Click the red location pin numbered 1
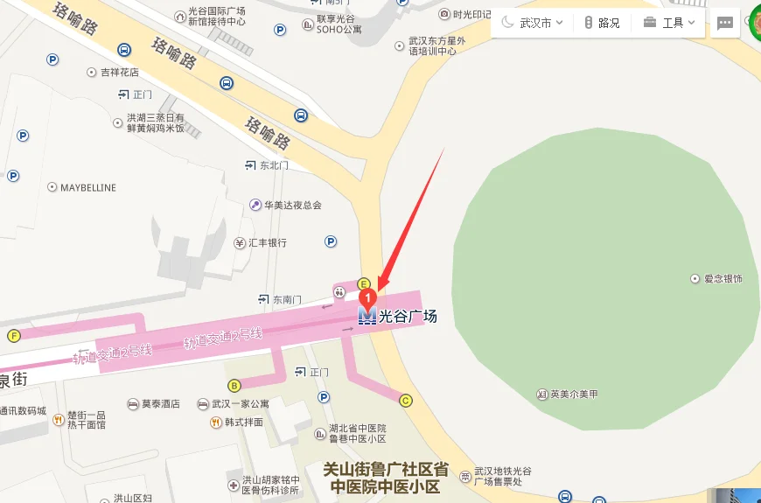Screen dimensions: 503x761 pos(367,297)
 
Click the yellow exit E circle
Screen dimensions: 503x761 pos(364,283)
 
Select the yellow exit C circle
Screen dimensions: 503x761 pos(405,401)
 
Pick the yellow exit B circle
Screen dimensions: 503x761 pos(234,386)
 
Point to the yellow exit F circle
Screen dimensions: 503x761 pos(13,335)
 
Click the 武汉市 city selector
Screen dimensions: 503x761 pos(533,23)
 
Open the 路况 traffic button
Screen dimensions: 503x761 pos(602,23)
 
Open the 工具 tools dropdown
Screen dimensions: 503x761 pos(673,23)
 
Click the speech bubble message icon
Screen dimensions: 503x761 pos(725,24)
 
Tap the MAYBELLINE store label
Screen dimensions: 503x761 pos(87,188)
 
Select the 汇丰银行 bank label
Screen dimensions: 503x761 pos(267,242)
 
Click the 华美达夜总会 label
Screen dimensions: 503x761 pos(293,206)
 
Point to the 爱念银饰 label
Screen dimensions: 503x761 pos(723,278)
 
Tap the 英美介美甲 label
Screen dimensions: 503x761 pos(574,394)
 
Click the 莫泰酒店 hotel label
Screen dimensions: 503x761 pos(160,404)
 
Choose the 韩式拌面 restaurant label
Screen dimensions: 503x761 pos(243,423)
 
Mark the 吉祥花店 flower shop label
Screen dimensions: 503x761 pos(121,72)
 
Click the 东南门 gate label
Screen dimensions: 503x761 pos(286,299)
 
